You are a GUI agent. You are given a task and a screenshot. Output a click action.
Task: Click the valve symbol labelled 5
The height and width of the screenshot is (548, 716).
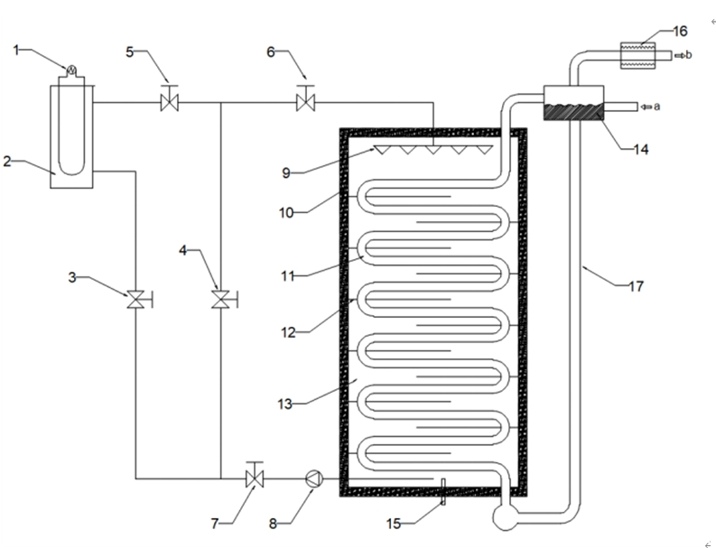tap(168, 102)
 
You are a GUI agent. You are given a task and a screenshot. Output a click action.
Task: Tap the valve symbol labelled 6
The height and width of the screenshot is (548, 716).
tap(304, 102)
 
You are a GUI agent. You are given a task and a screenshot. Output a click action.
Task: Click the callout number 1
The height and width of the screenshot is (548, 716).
tap(16, 49)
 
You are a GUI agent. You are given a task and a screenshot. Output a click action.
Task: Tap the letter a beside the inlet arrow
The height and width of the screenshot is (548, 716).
tap(656, 107)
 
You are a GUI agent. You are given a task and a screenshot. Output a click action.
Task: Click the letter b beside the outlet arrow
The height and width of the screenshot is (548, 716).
tap(689, 55)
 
